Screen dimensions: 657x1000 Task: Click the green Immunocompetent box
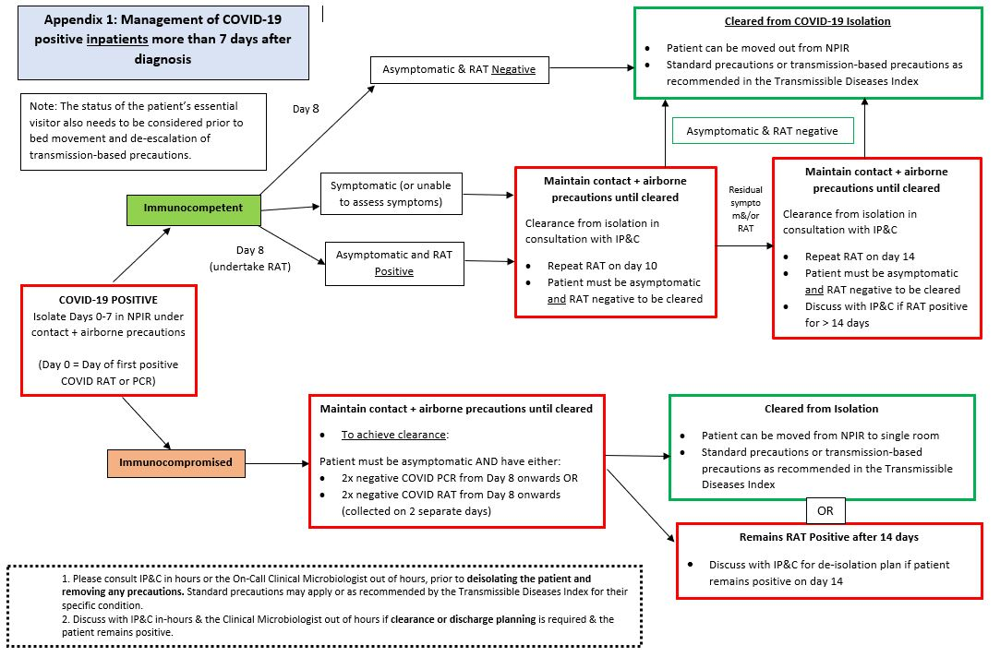click(193, 208)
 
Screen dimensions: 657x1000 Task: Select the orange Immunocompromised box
click(175, 461)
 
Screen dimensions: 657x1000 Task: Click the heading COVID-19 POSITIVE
click(109, 300)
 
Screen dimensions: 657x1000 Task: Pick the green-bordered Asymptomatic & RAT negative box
click(762, 131)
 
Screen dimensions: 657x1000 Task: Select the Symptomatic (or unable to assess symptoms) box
click(391, 194)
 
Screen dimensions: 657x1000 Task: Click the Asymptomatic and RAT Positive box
click(393, 263)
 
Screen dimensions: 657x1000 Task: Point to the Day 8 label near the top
click(307, 109)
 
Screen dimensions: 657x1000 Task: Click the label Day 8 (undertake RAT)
click(251, 258)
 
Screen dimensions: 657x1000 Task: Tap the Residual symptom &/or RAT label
click(746, 208)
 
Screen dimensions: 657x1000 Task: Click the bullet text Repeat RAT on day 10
click(602, 265)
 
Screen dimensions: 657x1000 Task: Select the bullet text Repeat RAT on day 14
click(859, 257)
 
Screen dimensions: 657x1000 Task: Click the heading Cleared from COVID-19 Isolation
click(794, 21)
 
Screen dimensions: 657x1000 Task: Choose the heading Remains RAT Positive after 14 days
click(828, 537)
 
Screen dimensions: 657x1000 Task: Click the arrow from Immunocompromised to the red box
click(277, 462)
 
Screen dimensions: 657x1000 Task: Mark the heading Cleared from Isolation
click(821, 409)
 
